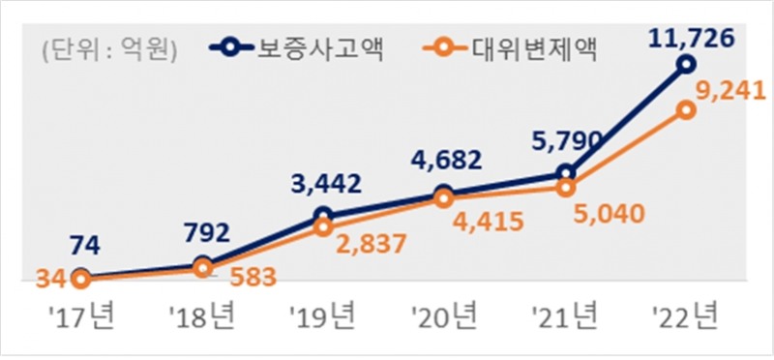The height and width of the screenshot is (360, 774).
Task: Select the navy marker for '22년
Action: (x=686, y=64)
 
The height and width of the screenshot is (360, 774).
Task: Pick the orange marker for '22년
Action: (x=686, y=110)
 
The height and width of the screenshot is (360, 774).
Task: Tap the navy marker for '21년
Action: (x=565, y=173)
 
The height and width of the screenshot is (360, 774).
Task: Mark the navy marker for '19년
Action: (x=323, y=215)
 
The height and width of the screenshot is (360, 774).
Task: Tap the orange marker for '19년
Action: (x=323, y=228)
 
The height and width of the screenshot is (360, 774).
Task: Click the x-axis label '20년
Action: (x=444, y=315)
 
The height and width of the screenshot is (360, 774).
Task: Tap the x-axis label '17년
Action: (x=80, y=315)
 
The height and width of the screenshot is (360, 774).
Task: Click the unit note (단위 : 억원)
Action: (x=108, y=49)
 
